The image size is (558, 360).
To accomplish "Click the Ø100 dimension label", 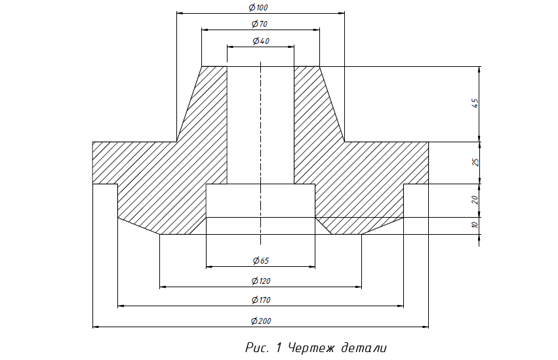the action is (258, 7).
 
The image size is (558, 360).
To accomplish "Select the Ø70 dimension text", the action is (260, 24).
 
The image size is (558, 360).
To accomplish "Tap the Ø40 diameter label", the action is (261, 41).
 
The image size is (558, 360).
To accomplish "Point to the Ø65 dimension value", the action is (261, 261).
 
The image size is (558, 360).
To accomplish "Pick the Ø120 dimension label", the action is (261, 281).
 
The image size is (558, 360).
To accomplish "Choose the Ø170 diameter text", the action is (261, 300).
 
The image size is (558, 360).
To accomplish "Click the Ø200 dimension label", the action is (261, 321).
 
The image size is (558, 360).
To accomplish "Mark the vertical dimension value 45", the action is (475, 103).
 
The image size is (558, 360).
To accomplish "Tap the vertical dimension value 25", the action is (475, 162).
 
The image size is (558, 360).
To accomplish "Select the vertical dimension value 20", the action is (475, 200).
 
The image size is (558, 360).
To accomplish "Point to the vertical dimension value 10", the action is (475, 225).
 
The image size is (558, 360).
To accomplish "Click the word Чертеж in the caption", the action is (311, 348).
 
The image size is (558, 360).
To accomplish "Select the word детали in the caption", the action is (364, 348).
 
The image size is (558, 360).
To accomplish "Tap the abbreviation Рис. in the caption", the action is (257, 348).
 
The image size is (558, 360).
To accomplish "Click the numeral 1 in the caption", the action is (279, 348).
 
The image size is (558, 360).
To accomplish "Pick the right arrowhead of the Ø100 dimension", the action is (342, 13).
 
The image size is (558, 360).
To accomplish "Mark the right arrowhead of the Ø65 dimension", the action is (312, 266).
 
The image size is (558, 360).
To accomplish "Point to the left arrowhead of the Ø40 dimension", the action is (230, 47).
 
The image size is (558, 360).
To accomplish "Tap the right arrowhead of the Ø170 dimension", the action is (401, 306).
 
